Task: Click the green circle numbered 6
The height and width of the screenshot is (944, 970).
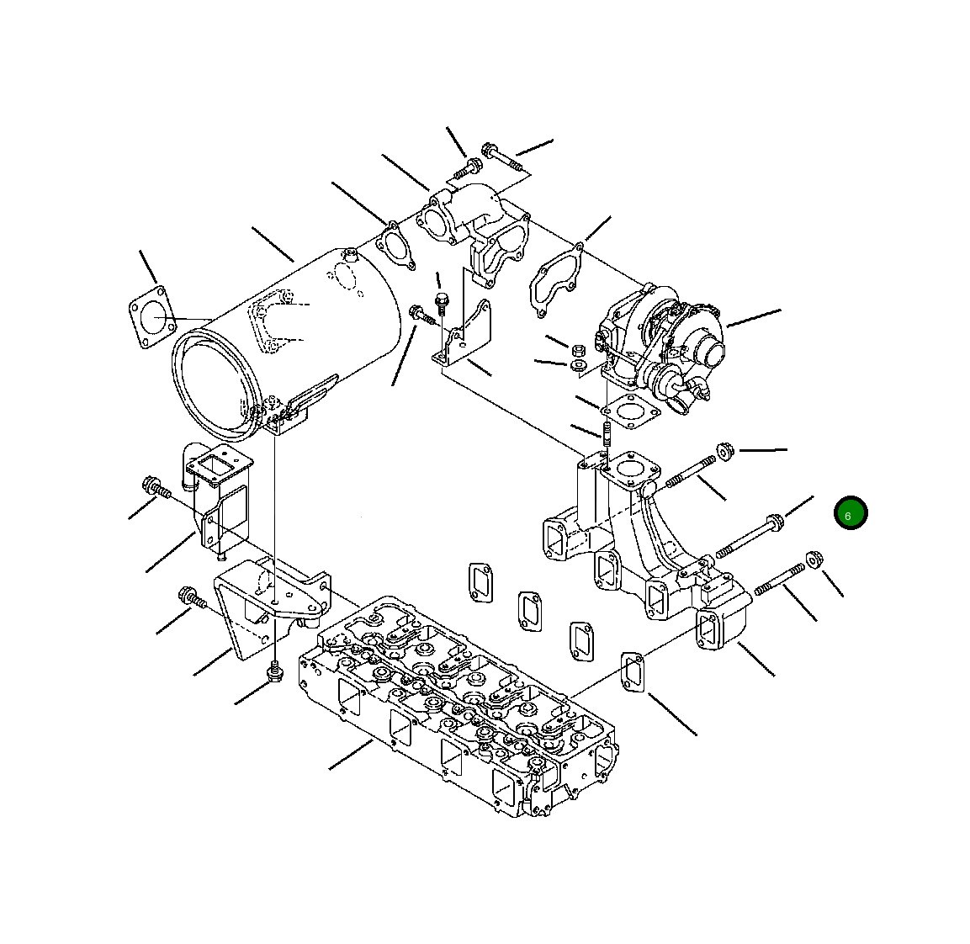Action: pyautogui.click(x=851, y=513)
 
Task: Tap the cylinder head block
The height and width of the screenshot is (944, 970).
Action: pyautogui.click(x=458, y=705)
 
